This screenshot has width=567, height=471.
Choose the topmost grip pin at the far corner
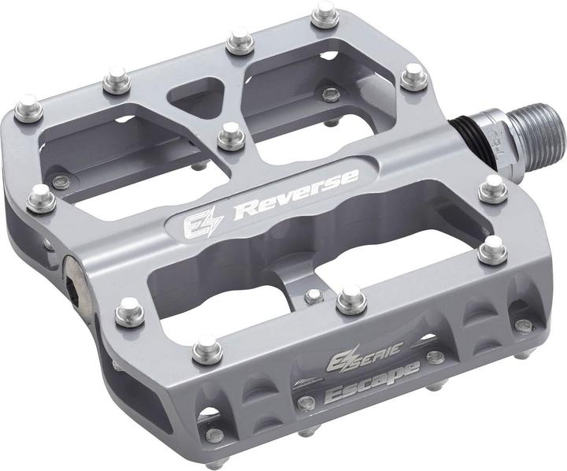pyautogui.click(x=323, y=13)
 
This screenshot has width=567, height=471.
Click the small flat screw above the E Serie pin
pyautogui.click(x=313, y=295)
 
